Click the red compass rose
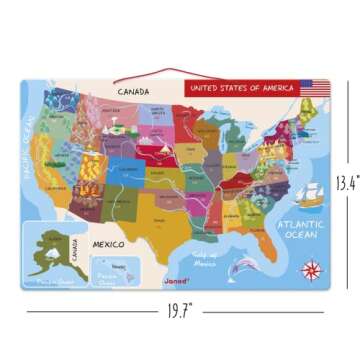point(311,268)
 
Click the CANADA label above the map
point(133,92)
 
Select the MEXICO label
point(107,243)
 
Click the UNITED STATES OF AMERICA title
point(242,88)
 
